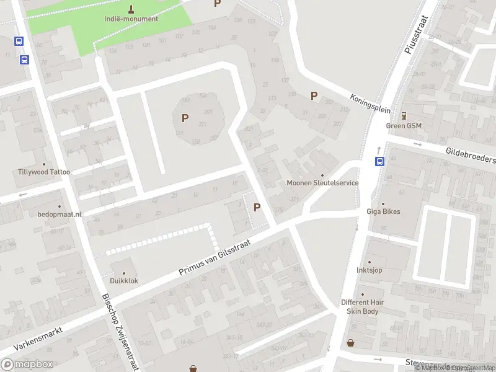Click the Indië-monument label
pyautogui.click(x=131, y=19)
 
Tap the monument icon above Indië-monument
pyautogui.click(x=131, y=8)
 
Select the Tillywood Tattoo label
pyautogui.click(x=44, y=172)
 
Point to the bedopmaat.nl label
pyautogui.click(x=60, y=214)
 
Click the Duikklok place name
pyautogui.click(x=124, y=280)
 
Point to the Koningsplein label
pyautogui.click(x=370, y=104)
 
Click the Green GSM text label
pyautogui.click(x=404, y=125)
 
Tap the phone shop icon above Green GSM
pyautogui.click(x=404, y=115)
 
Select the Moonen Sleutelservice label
pyautogui.click(x=322, y=183)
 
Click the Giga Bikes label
pyautogui.click(x=383, y=211)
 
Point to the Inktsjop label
pyautogui.click(x=369, y=270)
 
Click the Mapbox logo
pyautogui.click(x=27, y=365)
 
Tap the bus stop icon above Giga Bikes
pyautogui.click(x=379, y=162)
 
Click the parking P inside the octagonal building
pyautogui.click(x=185, y=118)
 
